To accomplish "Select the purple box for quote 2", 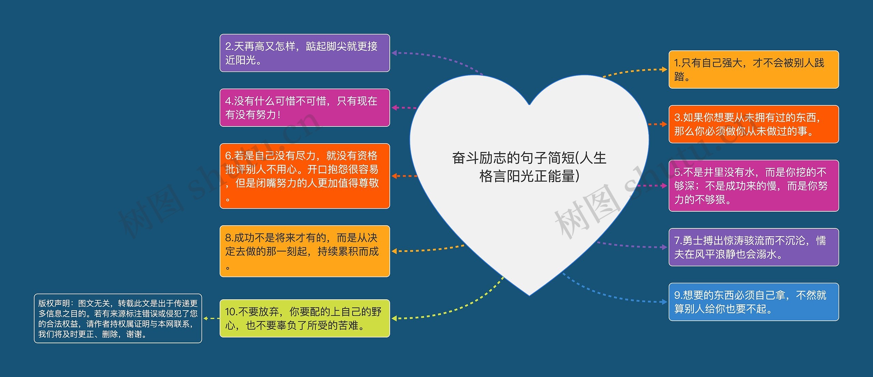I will [305, 53].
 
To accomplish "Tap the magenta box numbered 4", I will [305, 108].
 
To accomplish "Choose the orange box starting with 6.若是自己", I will [305, 176].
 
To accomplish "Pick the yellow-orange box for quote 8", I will [305, 251].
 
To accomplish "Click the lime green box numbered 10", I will [305, 318].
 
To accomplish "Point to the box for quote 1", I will [754, 70].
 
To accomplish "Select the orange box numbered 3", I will [754, 124].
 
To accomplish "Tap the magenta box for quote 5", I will [754, 185].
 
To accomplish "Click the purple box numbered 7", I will [754, 247].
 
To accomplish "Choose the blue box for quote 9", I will [754, 302].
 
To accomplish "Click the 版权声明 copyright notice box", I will [118, 318].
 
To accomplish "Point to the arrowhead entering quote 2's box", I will [394, 53].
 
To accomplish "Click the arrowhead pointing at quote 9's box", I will [664, 302].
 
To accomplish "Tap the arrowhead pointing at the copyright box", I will [206, 318].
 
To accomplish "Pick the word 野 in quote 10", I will [376, 312].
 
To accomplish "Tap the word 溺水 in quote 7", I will [766, 254].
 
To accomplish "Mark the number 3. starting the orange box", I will [678, 118].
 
